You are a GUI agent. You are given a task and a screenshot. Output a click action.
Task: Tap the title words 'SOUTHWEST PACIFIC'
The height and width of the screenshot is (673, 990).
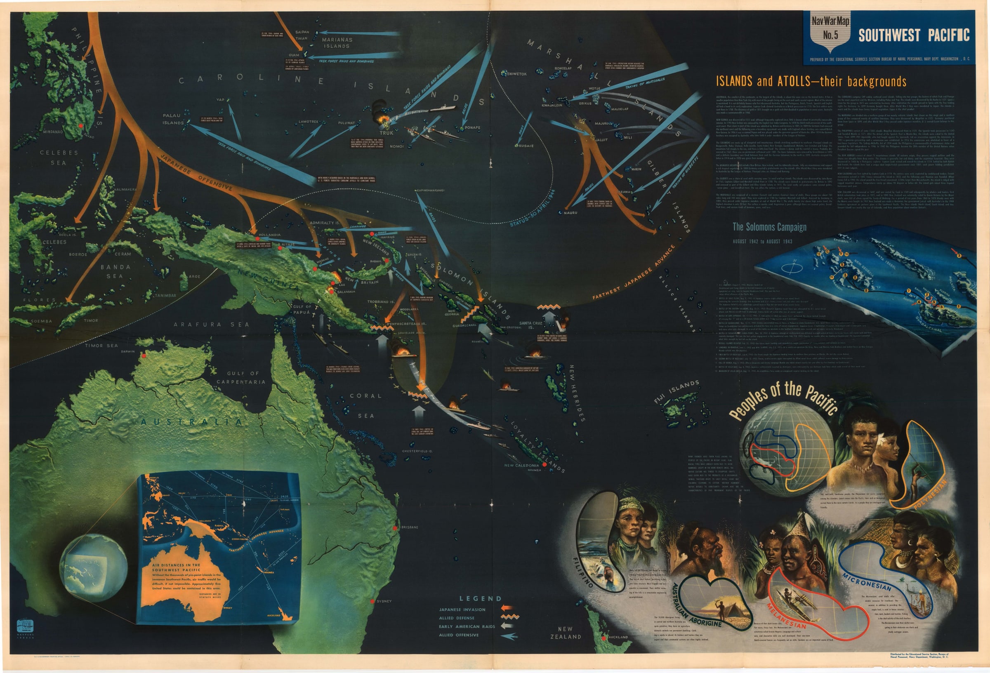coord(914,35)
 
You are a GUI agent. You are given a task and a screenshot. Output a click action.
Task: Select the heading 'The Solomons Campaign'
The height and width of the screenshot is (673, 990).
coord(769,227)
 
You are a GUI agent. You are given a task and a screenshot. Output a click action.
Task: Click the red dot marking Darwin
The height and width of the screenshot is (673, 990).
coord(144,355)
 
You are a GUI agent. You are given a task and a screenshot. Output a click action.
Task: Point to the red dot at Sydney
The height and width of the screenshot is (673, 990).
coord(372,601)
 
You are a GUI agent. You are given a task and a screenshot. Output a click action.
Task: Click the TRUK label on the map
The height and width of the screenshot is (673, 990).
coord(387,133)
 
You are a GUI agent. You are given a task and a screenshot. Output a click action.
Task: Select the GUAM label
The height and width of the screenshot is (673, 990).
coord(294,55)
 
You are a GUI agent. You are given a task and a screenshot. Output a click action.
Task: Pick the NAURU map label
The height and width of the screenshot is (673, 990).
coord(570,212)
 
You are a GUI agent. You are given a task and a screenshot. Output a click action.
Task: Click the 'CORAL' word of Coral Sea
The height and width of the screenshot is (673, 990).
coord(365,396)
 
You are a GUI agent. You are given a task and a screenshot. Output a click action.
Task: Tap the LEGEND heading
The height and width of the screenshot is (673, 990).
coord(480,598)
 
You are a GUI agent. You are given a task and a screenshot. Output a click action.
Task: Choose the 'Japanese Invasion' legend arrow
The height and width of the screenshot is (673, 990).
coord(509,609)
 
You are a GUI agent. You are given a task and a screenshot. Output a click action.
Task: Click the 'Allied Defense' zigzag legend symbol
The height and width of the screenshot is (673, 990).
coord(509,617)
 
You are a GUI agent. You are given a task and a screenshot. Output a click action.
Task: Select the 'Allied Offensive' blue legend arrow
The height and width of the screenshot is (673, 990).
coord(509,636)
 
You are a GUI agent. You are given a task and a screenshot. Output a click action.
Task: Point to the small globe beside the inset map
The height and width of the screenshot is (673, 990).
coord(93,567)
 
